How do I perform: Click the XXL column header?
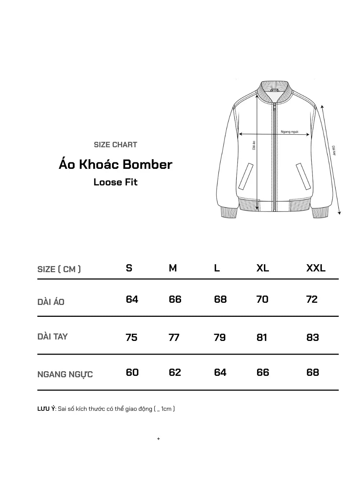[316, 268]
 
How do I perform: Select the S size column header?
[129, 268]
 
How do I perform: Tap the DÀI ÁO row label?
[51, 302]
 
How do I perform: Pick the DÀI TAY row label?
[53, 337]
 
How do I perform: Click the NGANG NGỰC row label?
[65, 374]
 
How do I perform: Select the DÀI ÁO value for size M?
[175, 300]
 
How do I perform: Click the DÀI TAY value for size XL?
[262, 337]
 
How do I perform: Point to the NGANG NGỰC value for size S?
[132, 372]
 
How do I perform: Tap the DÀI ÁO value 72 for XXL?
[312, 300]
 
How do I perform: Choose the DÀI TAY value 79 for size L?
[220, 337]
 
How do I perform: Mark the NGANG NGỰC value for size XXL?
[312, 372]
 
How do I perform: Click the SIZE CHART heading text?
[115, 145]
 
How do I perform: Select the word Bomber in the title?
[148, 165]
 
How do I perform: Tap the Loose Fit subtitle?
[115, 182]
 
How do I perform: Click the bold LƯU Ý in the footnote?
[46, 409]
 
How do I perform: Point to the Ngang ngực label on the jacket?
[289, 132]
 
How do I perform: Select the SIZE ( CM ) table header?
[59, 269]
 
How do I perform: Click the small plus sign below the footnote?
[158, 439]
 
